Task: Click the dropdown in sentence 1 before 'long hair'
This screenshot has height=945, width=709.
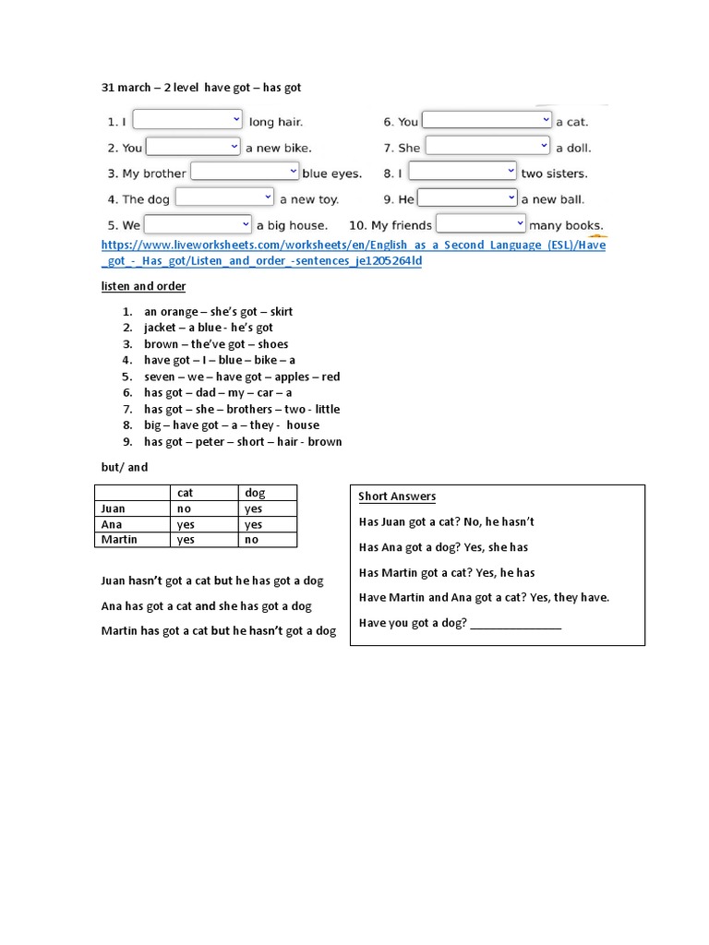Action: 187,120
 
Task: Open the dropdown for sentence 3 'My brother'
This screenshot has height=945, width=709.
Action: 245,173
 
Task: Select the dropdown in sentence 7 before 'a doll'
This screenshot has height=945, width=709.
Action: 487,147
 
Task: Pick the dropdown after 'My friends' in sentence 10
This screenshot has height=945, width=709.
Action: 481,224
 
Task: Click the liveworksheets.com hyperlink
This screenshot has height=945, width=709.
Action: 354,253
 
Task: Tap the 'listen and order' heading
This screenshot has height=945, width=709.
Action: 143,286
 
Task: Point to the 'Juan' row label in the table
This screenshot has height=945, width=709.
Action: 114,508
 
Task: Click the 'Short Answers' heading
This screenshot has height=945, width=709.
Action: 397,496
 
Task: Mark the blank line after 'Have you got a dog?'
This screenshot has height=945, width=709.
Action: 515,624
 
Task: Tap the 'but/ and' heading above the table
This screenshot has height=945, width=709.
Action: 125,467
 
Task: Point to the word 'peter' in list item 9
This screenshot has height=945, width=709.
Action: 210,442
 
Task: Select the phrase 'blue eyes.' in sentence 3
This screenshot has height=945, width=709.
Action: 332,173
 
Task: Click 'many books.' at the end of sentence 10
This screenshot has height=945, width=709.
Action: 567,225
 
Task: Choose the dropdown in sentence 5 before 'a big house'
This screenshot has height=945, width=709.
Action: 198,224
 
